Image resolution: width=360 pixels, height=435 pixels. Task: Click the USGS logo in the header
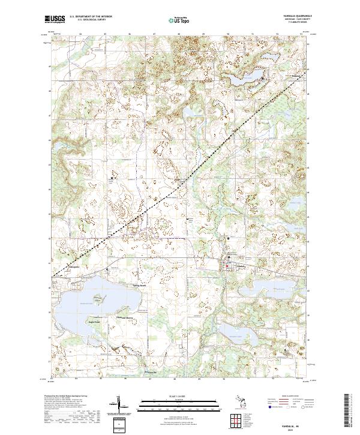click(55, 19)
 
